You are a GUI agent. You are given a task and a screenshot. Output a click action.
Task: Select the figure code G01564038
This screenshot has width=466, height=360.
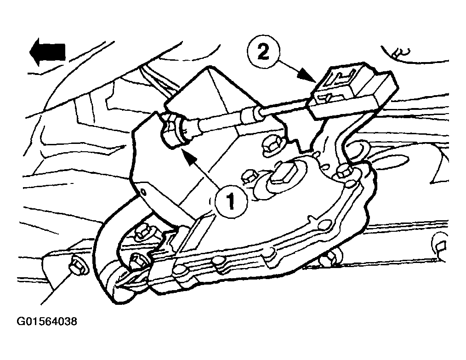click(47, 321)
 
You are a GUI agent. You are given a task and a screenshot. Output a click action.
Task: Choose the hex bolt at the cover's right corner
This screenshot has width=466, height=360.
click(344, 172)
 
